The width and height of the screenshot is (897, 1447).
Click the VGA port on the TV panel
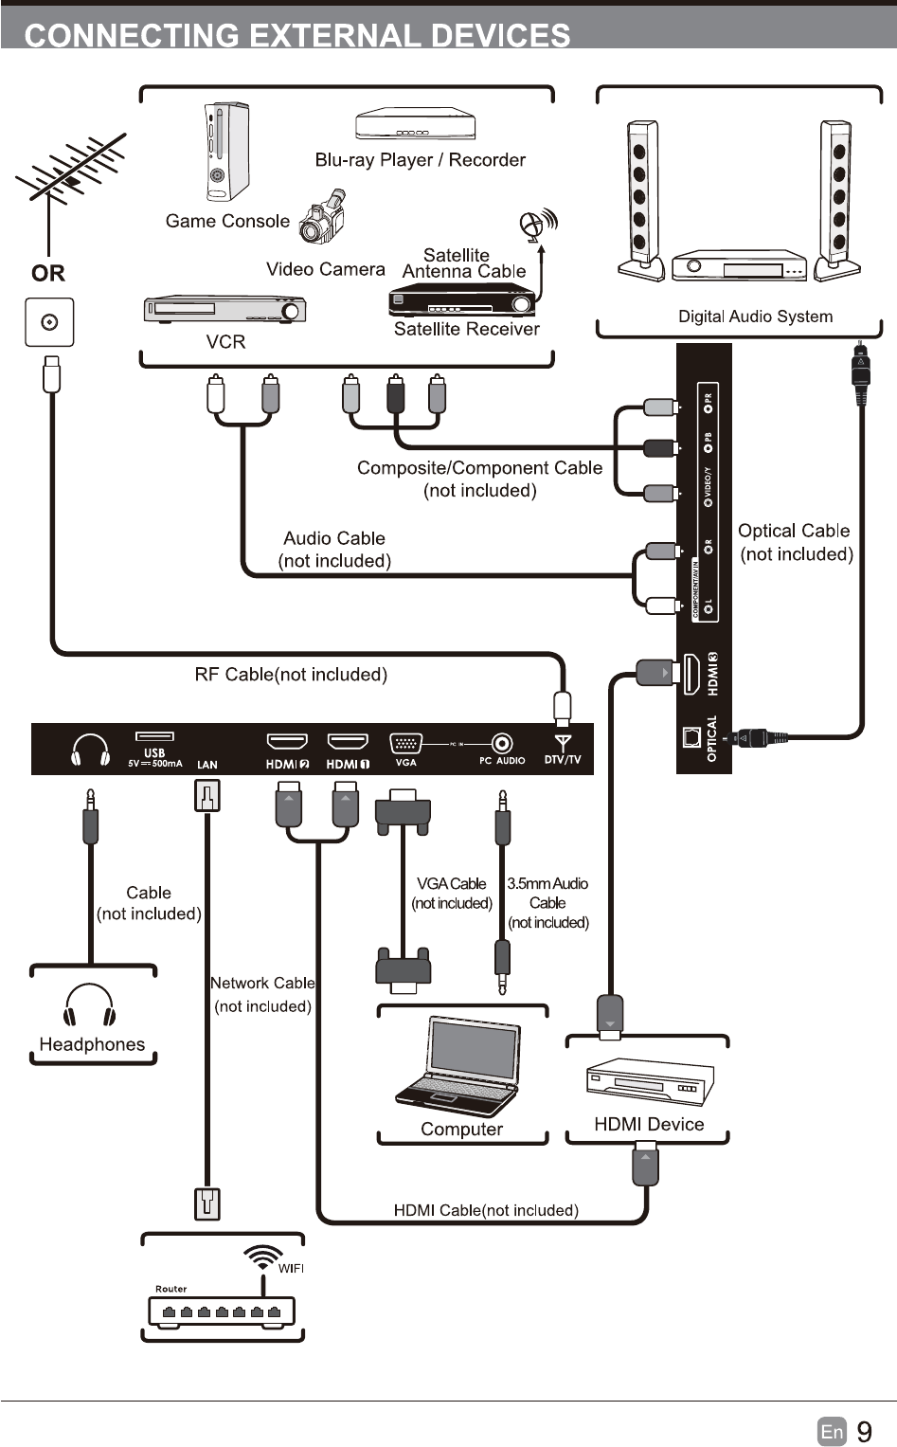tap(405, 743)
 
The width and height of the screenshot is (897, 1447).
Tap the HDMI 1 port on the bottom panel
tap(348, 741)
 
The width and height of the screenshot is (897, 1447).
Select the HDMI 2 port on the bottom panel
tap(287, 741)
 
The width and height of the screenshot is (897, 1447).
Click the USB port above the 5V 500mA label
tap(154, 735)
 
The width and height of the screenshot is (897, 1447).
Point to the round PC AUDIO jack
tap(502, 743)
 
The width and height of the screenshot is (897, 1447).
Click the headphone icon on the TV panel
tap(91, 750)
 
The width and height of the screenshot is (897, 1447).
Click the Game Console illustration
tap(227, 152)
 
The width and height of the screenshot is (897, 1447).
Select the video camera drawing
tap(324, 219)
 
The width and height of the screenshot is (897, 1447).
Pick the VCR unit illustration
tap(224, 310)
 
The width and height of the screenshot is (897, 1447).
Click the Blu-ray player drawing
tap(415, 124)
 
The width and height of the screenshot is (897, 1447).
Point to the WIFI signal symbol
tap(262, 1257)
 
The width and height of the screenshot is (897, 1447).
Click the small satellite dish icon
tap(536, 225)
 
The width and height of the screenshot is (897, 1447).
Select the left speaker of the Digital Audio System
tap(641, 200)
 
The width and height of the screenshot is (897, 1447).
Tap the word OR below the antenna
tap(48, 274)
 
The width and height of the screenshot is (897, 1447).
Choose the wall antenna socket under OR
tap(49, 322)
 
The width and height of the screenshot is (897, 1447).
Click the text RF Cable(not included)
tap(291, 675)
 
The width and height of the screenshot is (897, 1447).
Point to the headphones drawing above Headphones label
tap(90, 1005)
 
